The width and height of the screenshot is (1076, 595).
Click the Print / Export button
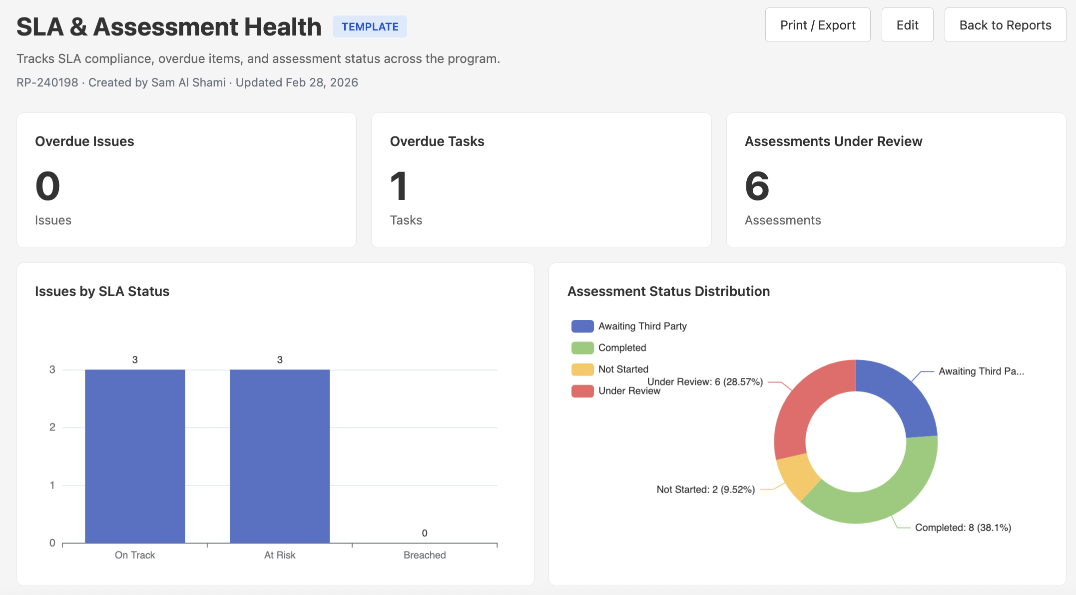(817, 25)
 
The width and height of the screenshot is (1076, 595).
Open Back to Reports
(1005, 25)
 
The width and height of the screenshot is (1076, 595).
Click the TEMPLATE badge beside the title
(370, 26)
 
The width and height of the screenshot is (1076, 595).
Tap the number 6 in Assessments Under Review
(757, 186)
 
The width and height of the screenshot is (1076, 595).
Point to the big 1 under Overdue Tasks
(399, 186)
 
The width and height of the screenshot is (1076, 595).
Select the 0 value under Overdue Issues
(47, 186)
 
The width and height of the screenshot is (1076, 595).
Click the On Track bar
(135, 455)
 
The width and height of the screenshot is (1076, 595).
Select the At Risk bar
(280, 455)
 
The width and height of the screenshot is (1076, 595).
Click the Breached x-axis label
(425, 555)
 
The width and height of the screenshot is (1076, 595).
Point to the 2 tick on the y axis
(52, 427)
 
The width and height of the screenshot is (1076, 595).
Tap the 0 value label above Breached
(425, 533)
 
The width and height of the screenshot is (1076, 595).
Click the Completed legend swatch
(582, 347)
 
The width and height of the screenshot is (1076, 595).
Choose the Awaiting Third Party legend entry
(642, 326)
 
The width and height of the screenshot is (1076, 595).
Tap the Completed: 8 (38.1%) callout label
(963, 527)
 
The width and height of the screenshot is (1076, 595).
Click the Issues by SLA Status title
(102, 291)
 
